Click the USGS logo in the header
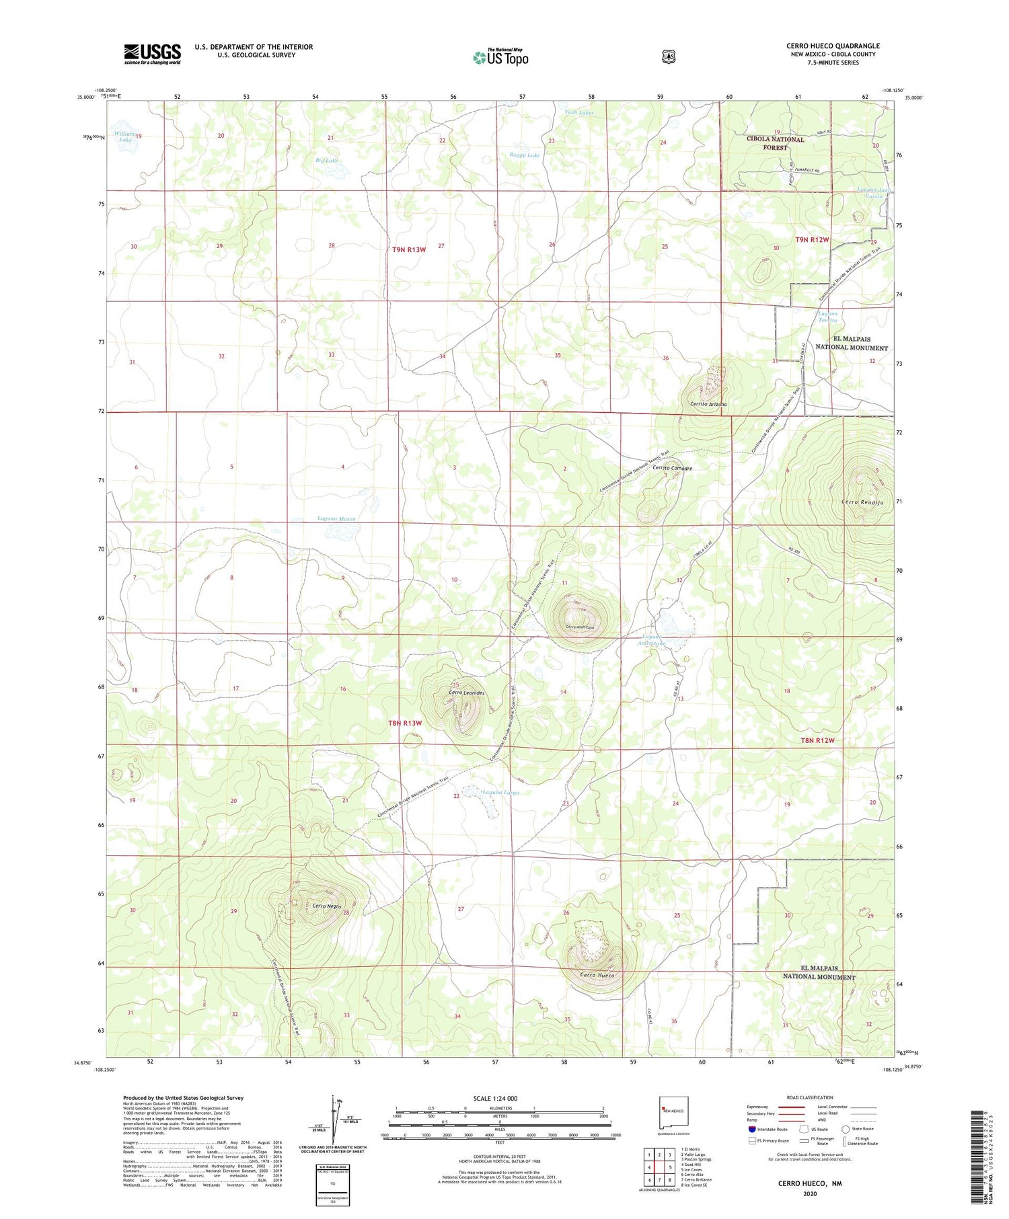152,54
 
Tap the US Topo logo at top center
500,57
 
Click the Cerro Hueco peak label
597,975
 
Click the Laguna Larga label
501,793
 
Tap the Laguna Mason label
336,519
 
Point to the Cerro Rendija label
862,502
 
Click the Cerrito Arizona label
708,405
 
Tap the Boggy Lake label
525,155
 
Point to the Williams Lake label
124,136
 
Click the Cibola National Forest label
775,143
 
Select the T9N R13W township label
409,250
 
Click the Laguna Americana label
652,640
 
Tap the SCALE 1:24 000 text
495,1099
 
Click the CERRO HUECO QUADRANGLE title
833,46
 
